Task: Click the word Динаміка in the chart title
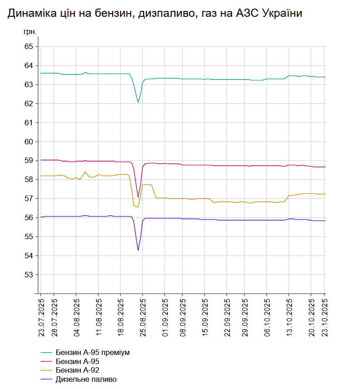pyautogui.click(x=33, y=14)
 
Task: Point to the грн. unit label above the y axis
pyautogui.click(x=29, y=33)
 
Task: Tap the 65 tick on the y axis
pyautogui.click(x=29, y=46)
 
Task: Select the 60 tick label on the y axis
pyautogui.click(x=29, y=142)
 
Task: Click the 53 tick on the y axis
pyautogui.click(x=29, y=275)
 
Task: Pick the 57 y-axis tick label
pyautogui.click(x=29, y=199)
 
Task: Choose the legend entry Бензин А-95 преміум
pyautogui.click(x=95, y=352)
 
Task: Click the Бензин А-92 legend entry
pyautogui.click(x=77, y=370)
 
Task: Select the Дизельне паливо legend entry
pyautogui.click(x=86, y=379)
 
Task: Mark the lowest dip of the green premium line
pyautogui.click(x=138, y=103)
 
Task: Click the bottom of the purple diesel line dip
pyautogui.click(x=138, y=250)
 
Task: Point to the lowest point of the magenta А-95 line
pyautogui.click(x=138, y=197)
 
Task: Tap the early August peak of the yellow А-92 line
pyautogui.click(x=85, y=172)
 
